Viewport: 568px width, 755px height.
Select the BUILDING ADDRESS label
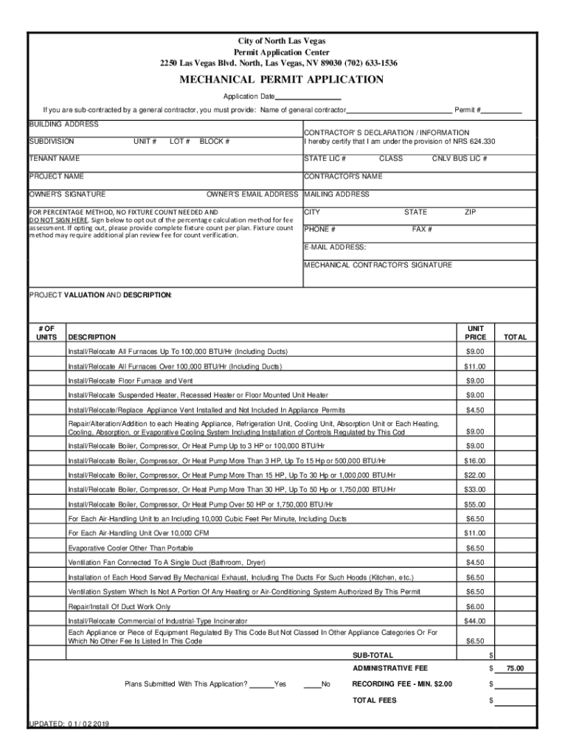click(63, 124)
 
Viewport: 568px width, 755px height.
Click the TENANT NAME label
click(55, 159)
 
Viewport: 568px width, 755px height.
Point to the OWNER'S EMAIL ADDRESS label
click(252, 195)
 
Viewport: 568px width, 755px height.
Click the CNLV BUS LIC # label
click(459, 159)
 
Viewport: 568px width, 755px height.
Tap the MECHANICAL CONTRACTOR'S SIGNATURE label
click(378, 265)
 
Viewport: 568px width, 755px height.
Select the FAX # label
click(422, 229)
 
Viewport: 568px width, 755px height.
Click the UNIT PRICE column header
click(475, 332)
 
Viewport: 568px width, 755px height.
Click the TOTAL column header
click(515, 337)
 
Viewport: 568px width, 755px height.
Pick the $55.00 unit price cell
click(475, 504)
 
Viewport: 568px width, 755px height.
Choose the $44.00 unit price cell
click(475, 621)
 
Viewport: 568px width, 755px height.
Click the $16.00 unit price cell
click(475, 461)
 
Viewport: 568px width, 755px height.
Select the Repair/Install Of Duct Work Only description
click(119, 606)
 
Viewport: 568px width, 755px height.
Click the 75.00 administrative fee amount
click(515, 669)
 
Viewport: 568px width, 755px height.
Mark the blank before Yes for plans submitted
click(261, 684)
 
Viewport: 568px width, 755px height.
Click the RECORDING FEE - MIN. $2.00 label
click(402, 684)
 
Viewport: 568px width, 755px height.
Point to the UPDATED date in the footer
click(69, 724)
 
